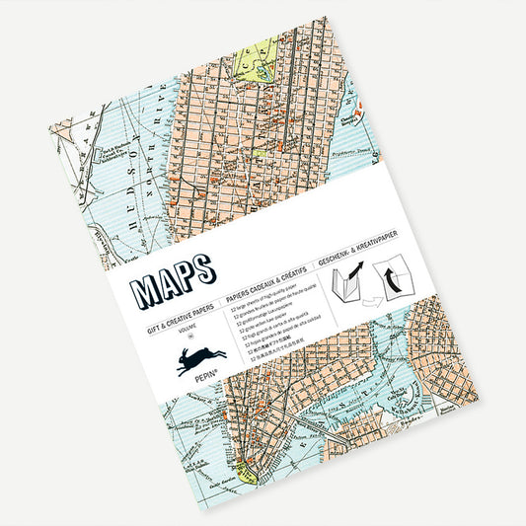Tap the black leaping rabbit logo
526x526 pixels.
(x=201, y=360)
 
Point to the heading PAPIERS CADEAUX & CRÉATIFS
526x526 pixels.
(x=267, y=281)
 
